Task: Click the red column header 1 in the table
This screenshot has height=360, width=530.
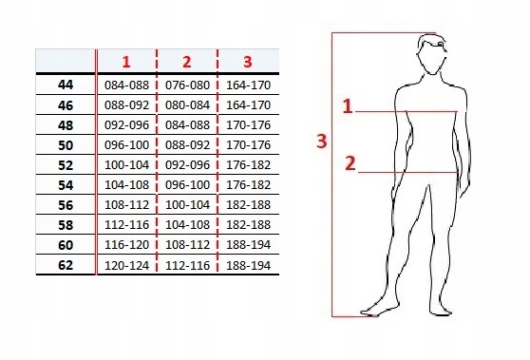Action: click(x=126, y=62)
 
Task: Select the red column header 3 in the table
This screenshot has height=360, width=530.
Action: click(x=247, y=62)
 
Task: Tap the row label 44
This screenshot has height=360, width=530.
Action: click(x=66, y=85)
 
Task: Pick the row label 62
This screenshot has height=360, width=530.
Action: click(x=66, y=265)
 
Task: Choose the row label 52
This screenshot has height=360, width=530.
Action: click(x=66, y=165)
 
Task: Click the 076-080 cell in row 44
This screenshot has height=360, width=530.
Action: click(x=187, y=85)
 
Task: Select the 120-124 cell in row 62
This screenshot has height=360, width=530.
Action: click(x=126, y=266)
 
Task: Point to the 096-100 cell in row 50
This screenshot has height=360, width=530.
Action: click(x=126, y=145)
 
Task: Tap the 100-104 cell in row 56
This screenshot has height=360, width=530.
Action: click(x=187, y=205)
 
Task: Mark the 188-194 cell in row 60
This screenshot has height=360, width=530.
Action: click(x=248, y=245)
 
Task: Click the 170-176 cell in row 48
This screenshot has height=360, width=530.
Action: click(x=248, y=125)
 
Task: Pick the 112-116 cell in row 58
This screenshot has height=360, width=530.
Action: click(x=126, y=225)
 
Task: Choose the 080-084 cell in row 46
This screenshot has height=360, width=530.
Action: click(x=187, y=105)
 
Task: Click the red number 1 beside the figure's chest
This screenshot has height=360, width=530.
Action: click(x=348, y=106)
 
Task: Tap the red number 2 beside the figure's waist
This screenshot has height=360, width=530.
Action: click(x=350, y=163)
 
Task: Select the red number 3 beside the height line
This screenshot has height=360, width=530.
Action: click(x=322, y=141)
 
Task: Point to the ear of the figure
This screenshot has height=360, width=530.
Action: click(x=441, y=45)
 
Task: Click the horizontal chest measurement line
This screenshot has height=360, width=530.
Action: click(x=407, y=111)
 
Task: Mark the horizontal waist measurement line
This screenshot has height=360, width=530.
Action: click(x=408, y=173)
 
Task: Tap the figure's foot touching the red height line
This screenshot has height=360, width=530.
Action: click(x=379, y=311)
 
